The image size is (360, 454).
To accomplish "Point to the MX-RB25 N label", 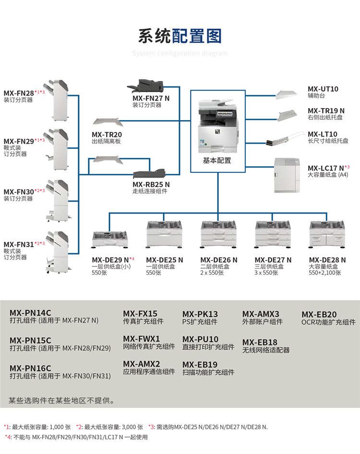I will click(151, 184).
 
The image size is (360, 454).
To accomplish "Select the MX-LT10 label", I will click(323, 134).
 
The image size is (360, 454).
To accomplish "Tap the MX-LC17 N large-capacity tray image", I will click(289, 174).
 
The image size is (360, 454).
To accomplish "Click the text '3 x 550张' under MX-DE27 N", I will click(266, 273).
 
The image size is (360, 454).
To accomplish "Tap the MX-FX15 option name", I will click(140, 313).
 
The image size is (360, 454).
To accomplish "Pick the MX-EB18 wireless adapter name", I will click(260, 342).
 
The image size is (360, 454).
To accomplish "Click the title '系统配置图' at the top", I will click(180, 36).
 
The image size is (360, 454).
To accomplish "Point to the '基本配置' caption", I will click(217, 160).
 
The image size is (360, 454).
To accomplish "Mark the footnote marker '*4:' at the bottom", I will click(9, 437).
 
